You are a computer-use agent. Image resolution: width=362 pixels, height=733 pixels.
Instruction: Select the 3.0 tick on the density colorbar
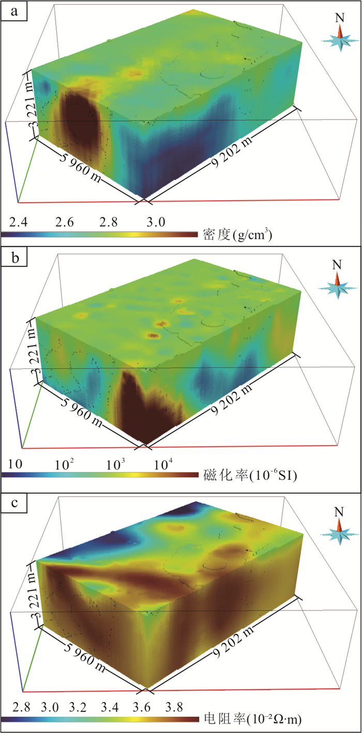tap(156, 223)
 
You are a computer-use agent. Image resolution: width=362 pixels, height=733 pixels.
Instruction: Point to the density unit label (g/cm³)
tap(238, 235)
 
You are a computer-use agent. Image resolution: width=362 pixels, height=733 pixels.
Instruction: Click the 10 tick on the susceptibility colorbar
tap(14, 464)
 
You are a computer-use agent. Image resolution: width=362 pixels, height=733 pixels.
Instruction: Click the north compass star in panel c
tap(340, 532)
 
